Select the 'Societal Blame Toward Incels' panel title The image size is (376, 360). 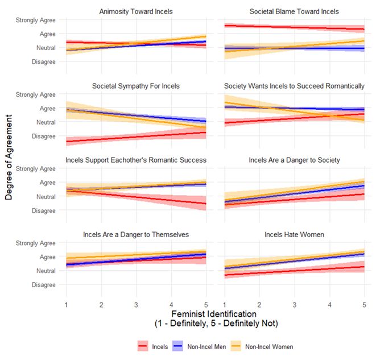pyautogui.click(x=295, y=11)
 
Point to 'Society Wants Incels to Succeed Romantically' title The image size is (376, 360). pyautogui.click(x=295, y=86)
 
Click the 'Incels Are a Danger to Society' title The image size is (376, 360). pyautogui.click(x=295, y=160)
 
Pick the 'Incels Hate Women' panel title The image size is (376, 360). pyautogui.click(x=295, y=234)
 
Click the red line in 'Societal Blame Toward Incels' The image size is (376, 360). pyautogui.click(x=295, y=27)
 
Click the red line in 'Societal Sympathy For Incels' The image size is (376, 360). pyautogui.click(x=137, y=136)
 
